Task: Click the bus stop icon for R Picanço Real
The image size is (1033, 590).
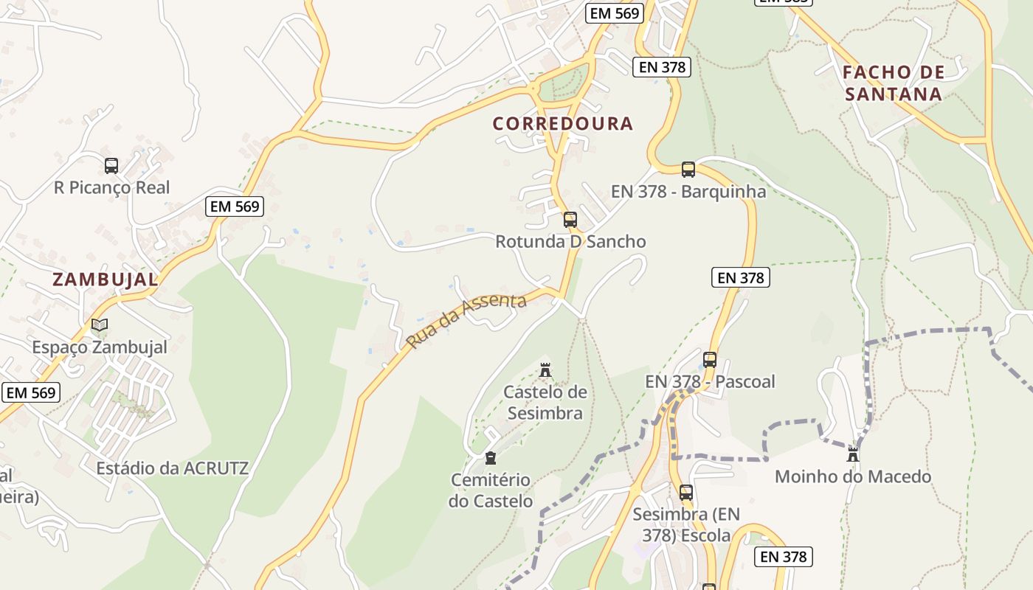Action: (x=111, y=166)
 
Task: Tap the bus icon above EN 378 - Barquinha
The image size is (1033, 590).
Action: (x=688, y=170)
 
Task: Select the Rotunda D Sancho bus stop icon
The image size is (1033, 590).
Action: (x=570, y=219)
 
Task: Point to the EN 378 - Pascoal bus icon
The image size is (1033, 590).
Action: (x=710, y=360)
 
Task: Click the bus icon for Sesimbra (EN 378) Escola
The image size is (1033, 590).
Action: (x=686, y=492)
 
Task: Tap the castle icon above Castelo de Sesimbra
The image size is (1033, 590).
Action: (x=545, y=369)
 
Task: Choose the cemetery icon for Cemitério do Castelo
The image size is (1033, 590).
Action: (x=491, y=458)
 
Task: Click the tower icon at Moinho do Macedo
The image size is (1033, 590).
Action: (x=853, y=454)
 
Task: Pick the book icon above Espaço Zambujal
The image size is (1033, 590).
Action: (x=100, y=324)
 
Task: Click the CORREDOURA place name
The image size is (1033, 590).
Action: (x=563, y=124)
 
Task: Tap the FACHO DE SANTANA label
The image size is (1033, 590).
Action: (x=894, y=83)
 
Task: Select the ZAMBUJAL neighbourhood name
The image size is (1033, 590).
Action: (x=106, y=280)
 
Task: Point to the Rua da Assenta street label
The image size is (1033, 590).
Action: (x=466, y=321)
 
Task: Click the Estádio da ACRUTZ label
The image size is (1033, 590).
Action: (x=172, y=468)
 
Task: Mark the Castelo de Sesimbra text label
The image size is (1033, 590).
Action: (x=545, y=403)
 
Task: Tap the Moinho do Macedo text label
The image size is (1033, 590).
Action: (x=853, y=476)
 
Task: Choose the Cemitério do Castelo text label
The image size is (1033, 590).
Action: (x=491, y=490)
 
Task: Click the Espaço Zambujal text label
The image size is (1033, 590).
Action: (x=100, y=347)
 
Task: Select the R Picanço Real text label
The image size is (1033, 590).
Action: (x=112, y=188)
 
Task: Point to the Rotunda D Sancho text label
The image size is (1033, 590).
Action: (x=570, y=242)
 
